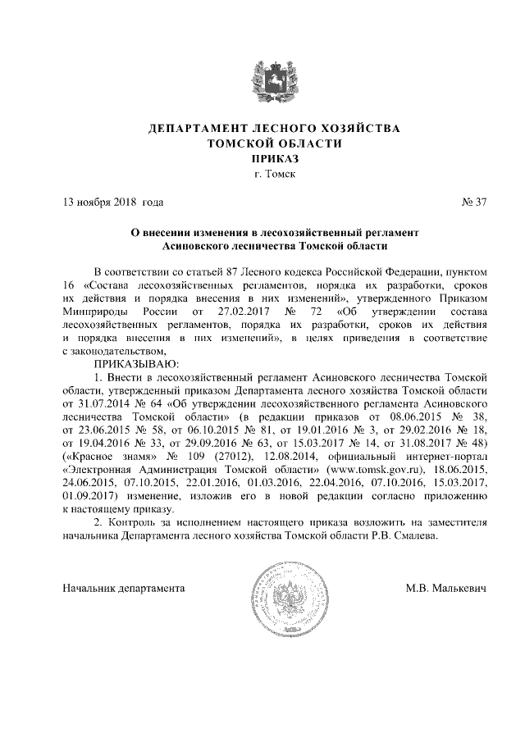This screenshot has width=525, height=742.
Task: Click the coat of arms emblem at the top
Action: click(262, 80)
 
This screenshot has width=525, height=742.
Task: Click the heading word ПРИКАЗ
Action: click(262, 158)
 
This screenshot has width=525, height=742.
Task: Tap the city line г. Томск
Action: click(262, 174)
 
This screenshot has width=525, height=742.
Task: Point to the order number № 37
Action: click(475, 202)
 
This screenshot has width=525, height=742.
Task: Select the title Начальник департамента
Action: click(124, 588)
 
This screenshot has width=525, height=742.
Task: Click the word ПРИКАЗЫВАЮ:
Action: click(135, 362)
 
